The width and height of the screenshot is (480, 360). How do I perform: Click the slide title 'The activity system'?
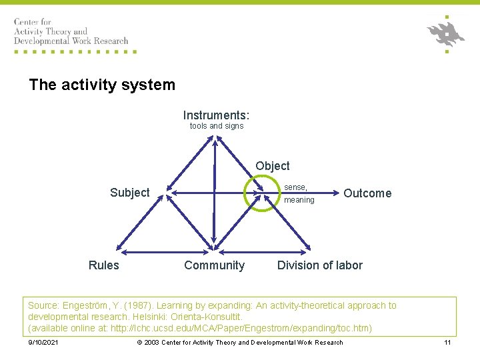tap(102, 85)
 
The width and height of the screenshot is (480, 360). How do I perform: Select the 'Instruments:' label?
tap(216, 115)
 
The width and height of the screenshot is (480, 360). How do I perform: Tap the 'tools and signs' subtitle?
tap(217, 126)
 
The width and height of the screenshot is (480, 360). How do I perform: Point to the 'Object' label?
tap(272, 166)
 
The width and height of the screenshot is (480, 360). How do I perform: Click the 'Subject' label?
tap(129, 193)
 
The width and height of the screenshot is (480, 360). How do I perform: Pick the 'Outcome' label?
tap(367, 193)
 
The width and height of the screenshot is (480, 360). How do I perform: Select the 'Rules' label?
tap(104, 265)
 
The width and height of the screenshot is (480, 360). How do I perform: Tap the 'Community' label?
tap(214, 265)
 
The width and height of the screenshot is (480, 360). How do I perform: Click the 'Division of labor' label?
tap(320, 265)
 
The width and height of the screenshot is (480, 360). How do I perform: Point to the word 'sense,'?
tap(296, 188)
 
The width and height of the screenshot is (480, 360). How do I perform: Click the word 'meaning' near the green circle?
tap(299, 200)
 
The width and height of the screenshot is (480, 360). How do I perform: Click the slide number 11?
tap(447, 343)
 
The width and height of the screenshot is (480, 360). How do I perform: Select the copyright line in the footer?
tap(240, 343)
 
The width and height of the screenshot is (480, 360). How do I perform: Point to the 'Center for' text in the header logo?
tap(32, 23)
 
